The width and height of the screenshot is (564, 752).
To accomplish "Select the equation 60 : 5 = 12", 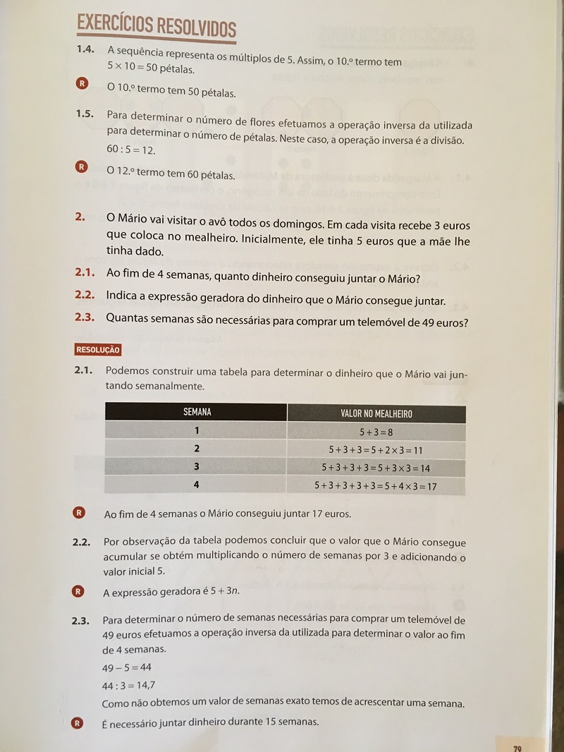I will pyautogui.click(x=131, y=151).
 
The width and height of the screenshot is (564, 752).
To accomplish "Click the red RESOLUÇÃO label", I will pyautogui.click(x=98, y=349).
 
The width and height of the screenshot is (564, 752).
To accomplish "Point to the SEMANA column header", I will pyautogui.click(x=197, y=412).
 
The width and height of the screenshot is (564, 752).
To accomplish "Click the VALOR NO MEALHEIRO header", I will pyautogui.click(x=376, y=413).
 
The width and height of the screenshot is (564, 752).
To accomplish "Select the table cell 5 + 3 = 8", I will pyautogui.click(x=376, y=432).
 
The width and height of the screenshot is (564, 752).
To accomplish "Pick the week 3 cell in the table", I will pyautogui.click(x=197, y=467).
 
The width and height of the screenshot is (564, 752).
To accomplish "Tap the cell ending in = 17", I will pyautogui.click(x=376, y=486).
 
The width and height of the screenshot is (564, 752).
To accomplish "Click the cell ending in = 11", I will pyautogui.click(x=376, y=449).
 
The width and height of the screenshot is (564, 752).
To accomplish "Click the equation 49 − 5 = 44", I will pyautogui.click(x=127, y=667).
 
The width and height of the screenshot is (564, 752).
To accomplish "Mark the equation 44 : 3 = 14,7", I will pyautogui.click(x=129, y=685).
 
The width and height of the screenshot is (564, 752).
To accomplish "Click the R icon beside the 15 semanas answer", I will pyautogui.click(x=78, y=722).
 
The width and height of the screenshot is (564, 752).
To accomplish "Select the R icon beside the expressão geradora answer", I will pyautogui.click(x=79, y=591).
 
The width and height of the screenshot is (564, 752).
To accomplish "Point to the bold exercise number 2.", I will pyautogui.click(x=80, y=217).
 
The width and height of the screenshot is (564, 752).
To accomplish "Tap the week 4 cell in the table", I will pyautogui.click(x=197, y=485).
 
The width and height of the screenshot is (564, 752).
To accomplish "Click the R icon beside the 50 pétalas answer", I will pyautogui.click(x=82, y=84).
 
